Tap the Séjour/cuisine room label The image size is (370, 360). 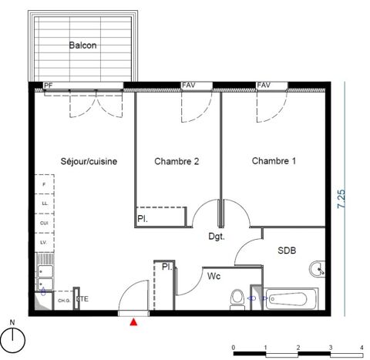[x=89, y=161]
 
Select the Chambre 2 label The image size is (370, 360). [x=177, y=161]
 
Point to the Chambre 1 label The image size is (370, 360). [x=274, y=161]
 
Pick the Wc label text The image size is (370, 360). [x=213, y=274]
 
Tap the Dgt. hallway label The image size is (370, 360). [x=217, y=237]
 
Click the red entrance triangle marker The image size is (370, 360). [x=136, y=321]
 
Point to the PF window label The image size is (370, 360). [x=48, y=86]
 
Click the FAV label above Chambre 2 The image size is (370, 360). [x=189, y=85]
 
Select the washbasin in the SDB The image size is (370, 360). [x=317, y=270]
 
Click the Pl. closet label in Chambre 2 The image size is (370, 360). [x=143, y=219]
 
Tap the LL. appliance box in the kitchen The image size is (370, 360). [x=44, y=204]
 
